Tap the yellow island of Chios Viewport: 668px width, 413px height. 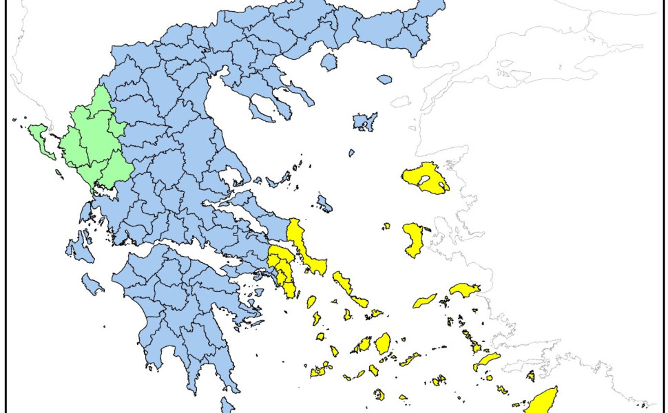413,240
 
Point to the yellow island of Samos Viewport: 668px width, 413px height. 463,288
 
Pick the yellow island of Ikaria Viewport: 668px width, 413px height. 425,301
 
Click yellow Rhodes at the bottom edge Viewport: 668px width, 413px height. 544,400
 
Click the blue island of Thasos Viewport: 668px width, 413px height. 329,62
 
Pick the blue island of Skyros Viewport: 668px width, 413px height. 324,203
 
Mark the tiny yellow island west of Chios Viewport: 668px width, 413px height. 386,226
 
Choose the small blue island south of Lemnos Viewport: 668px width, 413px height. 351,153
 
